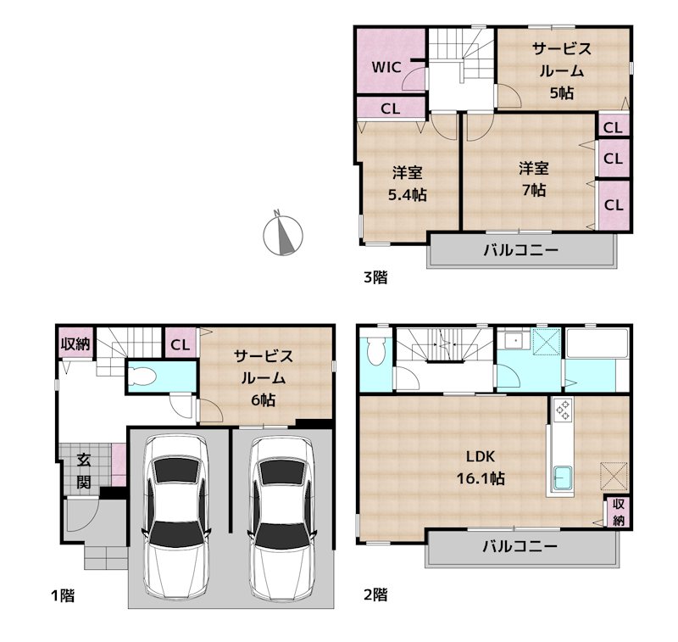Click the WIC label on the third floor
pos(386,68)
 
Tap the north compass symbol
pos(283,235)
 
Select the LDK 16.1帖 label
pos(481,467)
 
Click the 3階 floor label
pos(375,276)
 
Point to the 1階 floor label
pos(63,595)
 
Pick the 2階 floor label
pos(375,595)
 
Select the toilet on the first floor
pos(142,376)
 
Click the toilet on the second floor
pos(374,351)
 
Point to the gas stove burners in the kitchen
pos(563,410)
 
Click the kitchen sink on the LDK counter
pos(563,479)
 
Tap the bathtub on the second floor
pos(597,343)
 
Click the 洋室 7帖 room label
pos(534,179)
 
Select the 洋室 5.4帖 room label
pos(408,184)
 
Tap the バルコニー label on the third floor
pos(520,249)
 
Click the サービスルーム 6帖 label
pos(264,377)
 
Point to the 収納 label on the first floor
pos(75,344)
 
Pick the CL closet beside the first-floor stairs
pos(180,345)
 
